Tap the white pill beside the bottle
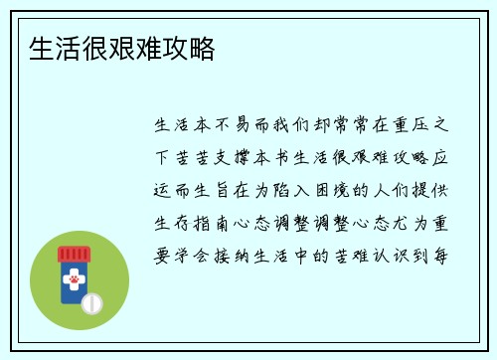coord(92,301)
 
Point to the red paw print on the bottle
coord(73,281)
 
